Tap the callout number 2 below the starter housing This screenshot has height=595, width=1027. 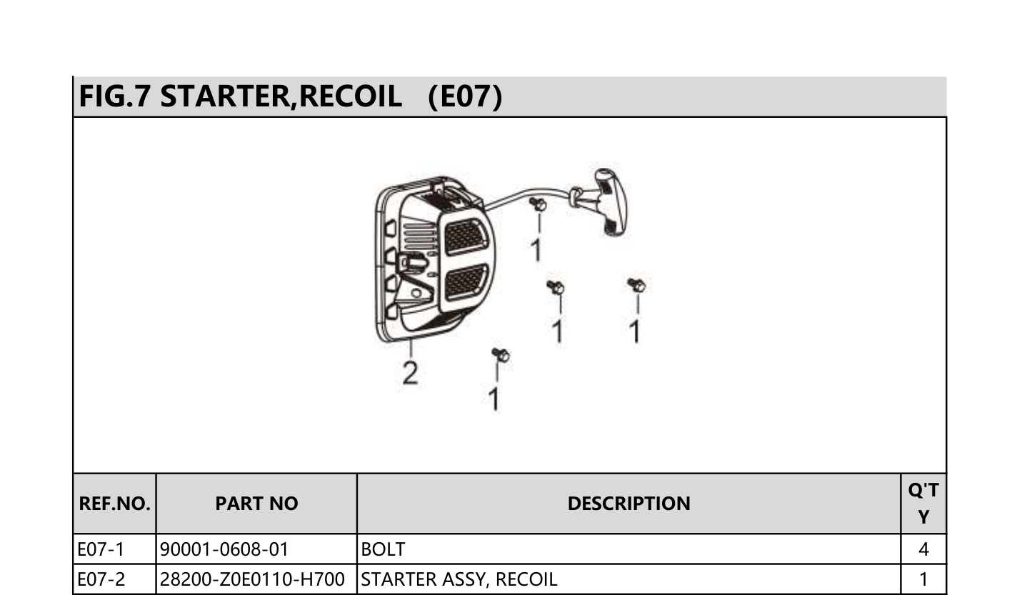[x=411, y=373]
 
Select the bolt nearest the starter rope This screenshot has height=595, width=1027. [x=538, y=204]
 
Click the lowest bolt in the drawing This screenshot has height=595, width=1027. [x=500, y=354]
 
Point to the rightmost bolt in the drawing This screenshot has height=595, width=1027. [x=636, y=285]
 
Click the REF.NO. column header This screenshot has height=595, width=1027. [x=114, y=504]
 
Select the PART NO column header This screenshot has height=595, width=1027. [x=257, y=504]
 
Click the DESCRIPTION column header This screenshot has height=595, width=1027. [x=629, y=504]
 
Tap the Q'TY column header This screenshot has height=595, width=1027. [x=923, y=504]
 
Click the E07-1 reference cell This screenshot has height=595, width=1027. [x=101, y=549]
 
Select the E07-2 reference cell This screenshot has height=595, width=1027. [x=101, y=579]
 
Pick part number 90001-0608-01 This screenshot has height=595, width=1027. [x=224, y=549]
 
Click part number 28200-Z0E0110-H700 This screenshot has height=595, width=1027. [x=252, y=579]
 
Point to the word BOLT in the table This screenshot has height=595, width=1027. [x=384, y=549]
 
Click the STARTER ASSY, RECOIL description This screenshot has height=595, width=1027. [x=459, y=579]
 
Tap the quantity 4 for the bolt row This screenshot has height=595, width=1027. [x=924, y=549]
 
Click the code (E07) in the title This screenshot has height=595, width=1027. [x=465, y=96]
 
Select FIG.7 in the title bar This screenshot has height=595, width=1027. [x=115, y=96]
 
